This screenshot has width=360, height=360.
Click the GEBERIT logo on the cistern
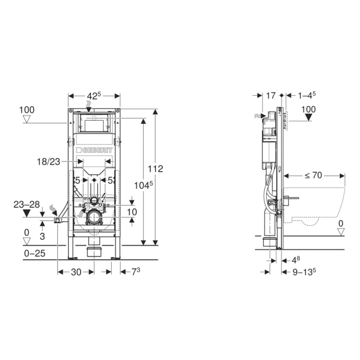[94, 150]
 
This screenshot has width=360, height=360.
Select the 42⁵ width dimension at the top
[94, 96]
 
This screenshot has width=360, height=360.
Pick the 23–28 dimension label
[26, 204]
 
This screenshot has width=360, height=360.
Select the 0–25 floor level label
[33, 253]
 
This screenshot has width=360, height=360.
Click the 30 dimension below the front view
[76, 272]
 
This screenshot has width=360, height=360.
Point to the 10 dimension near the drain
[133, 212]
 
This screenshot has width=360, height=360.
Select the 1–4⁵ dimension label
[307, 96]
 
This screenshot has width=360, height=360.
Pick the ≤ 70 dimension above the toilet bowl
[313, 175]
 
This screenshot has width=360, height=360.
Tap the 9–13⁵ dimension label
[303, 272]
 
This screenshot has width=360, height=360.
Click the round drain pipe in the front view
[94, 217]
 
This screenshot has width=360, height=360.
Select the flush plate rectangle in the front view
[94, 125]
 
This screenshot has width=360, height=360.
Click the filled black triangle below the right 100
[308, 117]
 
